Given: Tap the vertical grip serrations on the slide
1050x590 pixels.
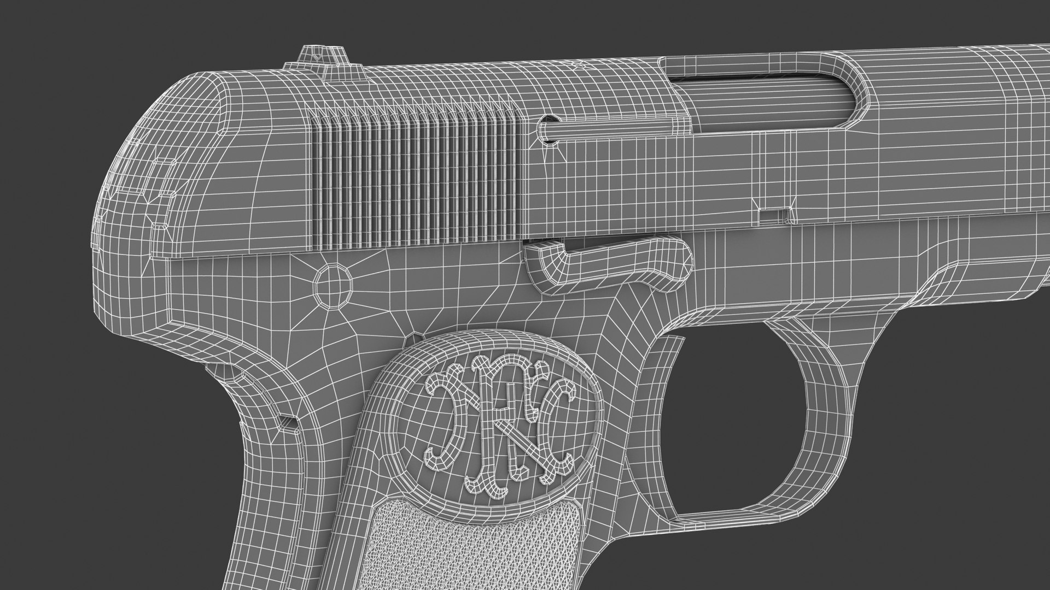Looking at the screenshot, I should (416, 175).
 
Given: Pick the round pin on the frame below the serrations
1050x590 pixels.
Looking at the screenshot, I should (332, 282).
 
